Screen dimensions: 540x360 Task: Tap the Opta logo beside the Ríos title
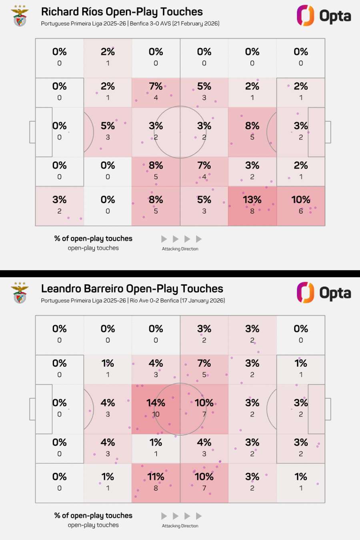[324, 16]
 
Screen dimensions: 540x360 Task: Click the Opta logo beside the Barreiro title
[324, 293]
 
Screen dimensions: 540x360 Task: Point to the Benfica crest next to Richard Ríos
[20, 16]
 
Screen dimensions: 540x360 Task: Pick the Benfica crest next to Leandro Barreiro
[20, 293]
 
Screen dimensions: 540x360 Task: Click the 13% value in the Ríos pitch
[252, 200]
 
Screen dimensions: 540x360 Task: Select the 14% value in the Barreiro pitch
[156, 403]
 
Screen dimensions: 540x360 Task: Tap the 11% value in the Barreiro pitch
[156, 477]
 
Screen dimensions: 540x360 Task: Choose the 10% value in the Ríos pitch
[300, 200]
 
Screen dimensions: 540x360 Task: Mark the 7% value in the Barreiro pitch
[204, 363]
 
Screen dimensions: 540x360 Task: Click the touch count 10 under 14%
[156, 414]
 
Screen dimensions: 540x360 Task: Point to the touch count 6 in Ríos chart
[300, 211]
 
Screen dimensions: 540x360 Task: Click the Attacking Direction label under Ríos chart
[180, 249]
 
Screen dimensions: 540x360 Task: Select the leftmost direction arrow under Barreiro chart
[164, 516]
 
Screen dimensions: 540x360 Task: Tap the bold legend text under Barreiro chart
[93, 516]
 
